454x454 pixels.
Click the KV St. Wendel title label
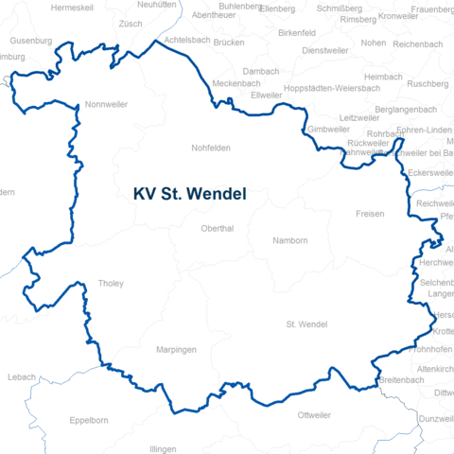pos(190,194)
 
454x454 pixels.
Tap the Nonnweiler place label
pos(105,105)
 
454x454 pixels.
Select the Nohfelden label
pos(211,148)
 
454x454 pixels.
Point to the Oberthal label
pos(218,228)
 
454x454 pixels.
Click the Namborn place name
pos(289,241)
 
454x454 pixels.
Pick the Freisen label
pos(370,215)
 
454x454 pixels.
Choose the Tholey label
pos(111,284)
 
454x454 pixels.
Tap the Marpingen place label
pos(176,350)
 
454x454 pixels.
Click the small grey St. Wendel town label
pos(306,325)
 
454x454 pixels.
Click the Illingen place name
pos(163,448)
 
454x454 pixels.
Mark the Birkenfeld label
pos(297,32)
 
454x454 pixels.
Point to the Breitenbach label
pos(400,379)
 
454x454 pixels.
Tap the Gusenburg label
pos(31,42)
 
